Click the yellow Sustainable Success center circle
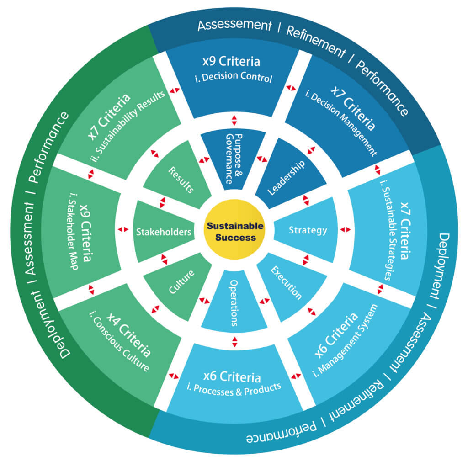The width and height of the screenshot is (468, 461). click(x=234, y=231)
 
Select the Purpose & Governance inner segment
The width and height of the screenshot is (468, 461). click(x=234, y=158)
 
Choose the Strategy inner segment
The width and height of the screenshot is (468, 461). click(x=308, y=230)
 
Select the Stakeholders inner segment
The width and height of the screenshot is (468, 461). click(x=163, y=232)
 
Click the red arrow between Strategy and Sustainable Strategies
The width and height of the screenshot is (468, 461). click(x=346, y=229)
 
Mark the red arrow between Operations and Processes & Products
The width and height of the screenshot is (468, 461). click(x=234, y=342)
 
